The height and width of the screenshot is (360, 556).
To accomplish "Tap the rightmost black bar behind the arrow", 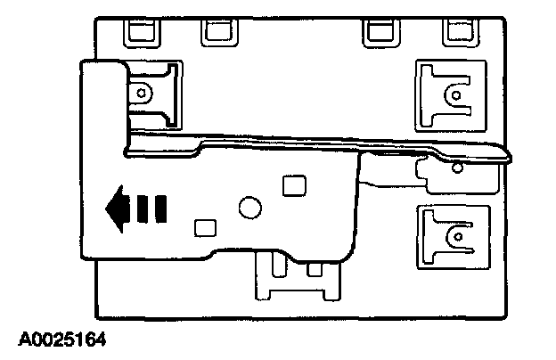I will (x=160, y=210).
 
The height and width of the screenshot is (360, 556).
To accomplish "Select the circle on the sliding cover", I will (x=249, y=208).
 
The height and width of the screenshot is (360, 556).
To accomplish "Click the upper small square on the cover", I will (x=291, y=185).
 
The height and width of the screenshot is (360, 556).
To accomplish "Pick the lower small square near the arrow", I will (x=204, y=227).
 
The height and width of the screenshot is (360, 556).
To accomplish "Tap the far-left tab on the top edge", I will (x=140, y=32).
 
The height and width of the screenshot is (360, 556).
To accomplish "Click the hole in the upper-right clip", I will (x=455, y=94).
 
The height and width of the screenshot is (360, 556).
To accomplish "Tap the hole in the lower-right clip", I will (x=455, y=235).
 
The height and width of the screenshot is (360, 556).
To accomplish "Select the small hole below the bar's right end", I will (x=457, y=167).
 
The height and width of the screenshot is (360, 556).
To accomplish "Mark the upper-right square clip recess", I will (x=452, y=92).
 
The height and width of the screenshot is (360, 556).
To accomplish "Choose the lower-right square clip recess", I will (x=452, y=236).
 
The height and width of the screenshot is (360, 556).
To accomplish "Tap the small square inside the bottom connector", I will (x=313, y=268).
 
